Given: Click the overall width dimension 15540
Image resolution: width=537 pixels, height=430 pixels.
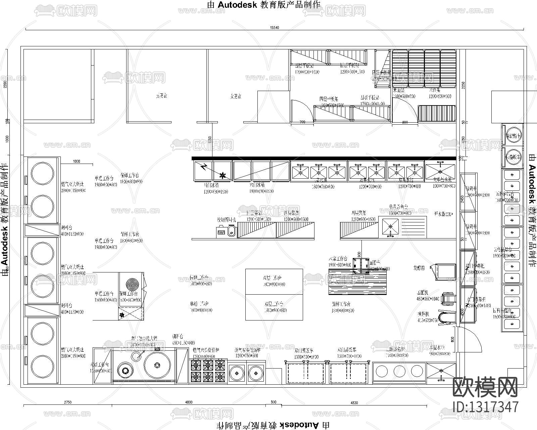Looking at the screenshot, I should (274, 28).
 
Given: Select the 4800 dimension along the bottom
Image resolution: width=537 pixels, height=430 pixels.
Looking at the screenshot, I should (189, 402).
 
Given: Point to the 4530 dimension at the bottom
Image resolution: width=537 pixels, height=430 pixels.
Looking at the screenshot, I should (354, 402).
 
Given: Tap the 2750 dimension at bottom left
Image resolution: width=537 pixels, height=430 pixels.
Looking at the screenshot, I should (67, 402).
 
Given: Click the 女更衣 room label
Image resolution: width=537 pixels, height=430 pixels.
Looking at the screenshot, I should (236, 96).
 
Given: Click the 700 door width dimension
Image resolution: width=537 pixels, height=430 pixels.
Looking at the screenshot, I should (302, 122).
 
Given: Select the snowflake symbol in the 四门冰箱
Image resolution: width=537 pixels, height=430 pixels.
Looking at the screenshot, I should (222, 175).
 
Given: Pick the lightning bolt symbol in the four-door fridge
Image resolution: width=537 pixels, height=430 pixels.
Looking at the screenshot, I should (204, 167).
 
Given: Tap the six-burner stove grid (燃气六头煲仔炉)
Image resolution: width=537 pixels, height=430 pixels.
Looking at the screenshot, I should (208, 371).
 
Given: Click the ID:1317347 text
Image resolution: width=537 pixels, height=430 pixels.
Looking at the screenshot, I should (485, 407).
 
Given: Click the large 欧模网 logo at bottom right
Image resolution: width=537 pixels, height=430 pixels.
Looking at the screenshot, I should (485, 387).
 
